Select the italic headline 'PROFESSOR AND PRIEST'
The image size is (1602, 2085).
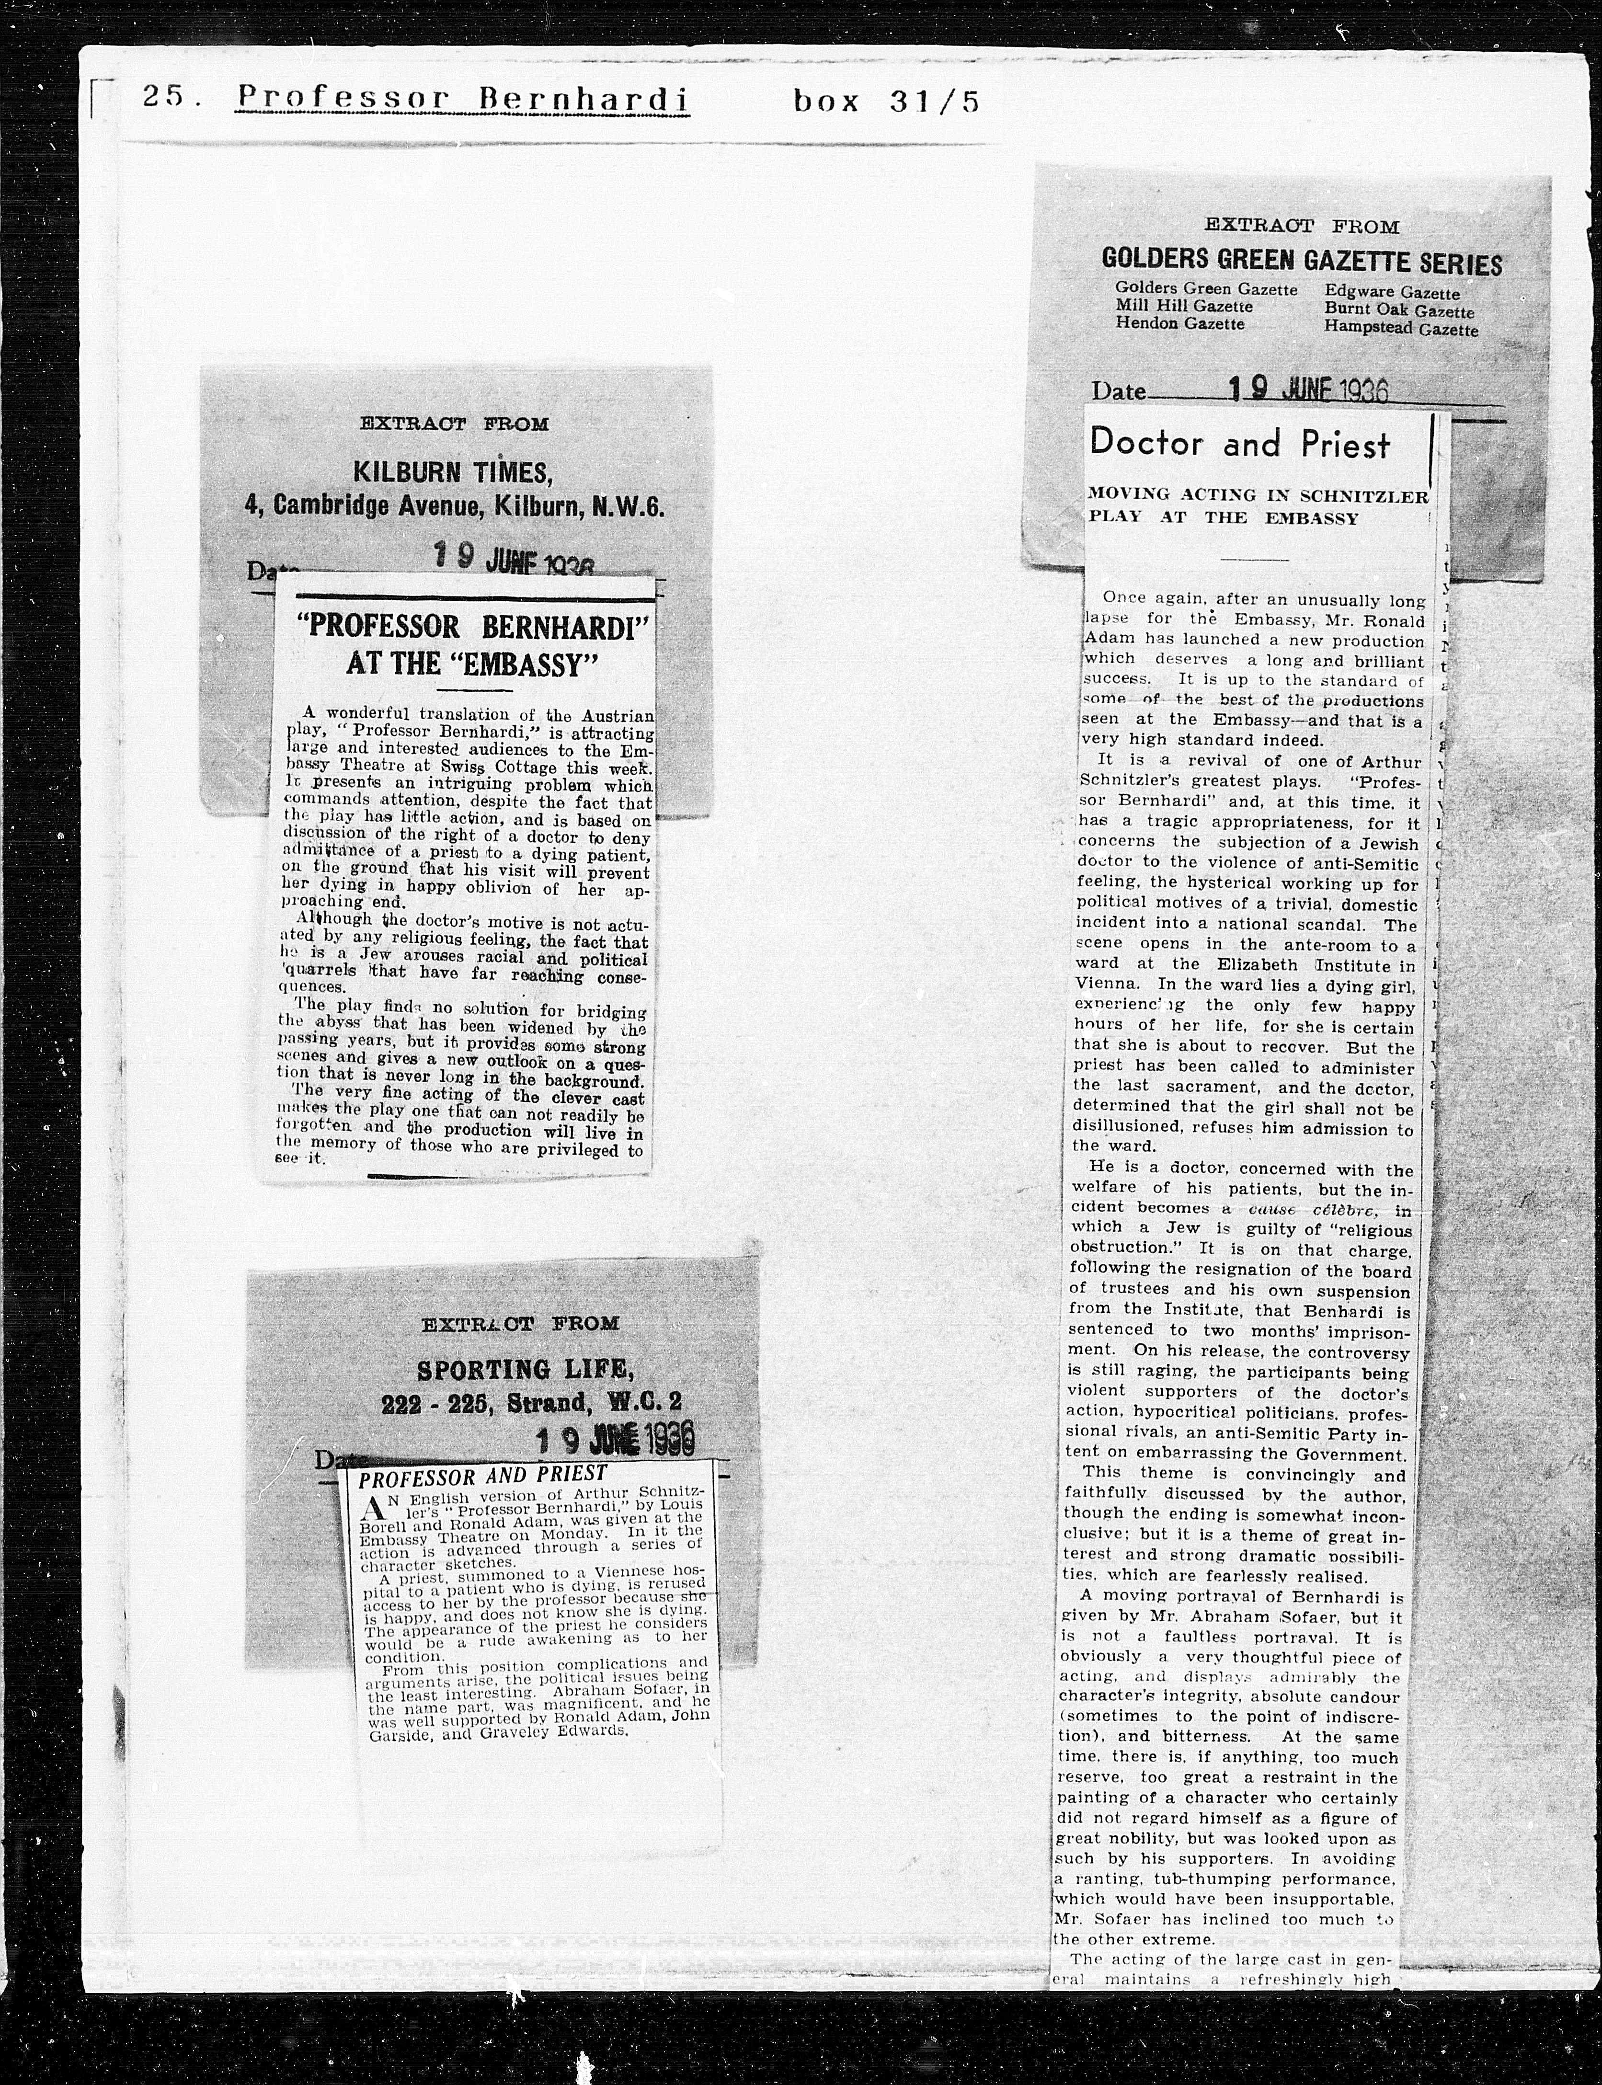[x=482, y=1476]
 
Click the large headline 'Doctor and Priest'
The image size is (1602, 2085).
[x=1240, y=443]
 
